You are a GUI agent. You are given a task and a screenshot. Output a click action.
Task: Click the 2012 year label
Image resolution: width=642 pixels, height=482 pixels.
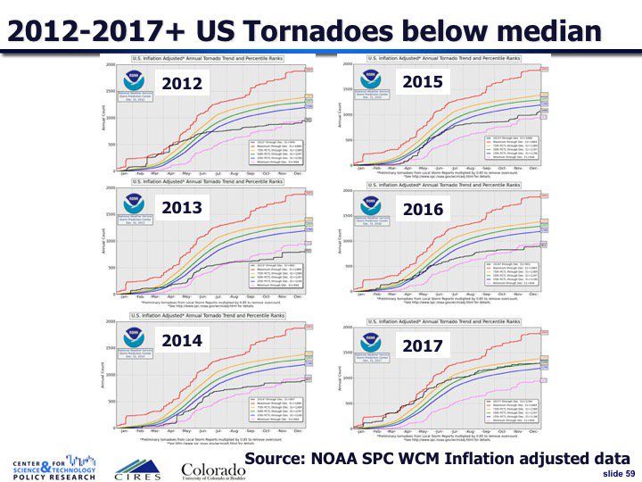coord(182,85)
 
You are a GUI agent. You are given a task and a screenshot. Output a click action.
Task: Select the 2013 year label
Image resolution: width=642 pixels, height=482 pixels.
coord(182,208)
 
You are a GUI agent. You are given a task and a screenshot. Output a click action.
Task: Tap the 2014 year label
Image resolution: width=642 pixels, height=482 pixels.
coord(182,340)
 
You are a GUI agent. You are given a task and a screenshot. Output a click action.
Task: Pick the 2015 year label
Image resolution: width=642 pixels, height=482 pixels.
coord(423,82)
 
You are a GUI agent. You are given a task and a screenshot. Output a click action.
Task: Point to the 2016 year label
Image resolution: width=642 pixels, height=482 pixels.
coord(423,210)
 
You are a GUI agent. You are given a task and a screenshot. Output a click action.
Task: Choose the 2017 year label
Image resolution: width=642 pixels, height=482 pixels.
coord(423,345)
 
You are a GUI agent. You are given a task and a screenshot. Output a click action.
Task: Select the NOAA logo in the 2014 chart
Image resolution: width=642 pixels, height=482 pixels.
coord(134,338)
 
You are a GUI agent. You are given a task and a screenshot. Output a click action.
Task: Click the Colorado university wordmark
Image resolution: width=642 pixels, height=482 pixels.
coord(213,470)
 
